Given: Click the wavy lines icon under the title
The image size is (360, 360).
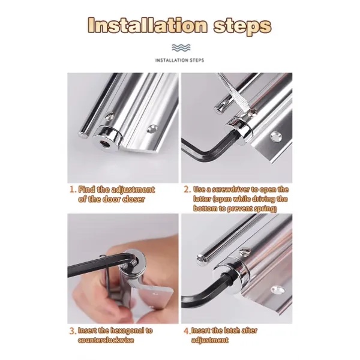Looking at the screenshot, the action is click(181, 47).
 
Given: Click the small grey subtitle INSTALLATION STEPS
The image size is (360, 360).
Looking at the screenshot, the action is click(180, 61).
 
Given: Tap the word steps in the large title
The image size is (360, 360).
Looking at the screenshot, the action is click(242, 26).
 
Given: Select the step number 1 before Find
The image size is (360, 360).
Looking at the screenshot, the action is click(73, 190).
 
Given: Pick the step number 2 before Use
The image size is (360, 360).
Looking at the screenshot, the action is click(187, 190).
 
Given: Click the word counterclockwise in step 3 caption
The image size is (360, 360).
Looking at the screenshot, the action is click(106, 340).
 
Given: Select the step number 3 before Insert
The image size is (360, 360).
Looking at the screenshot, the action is click(73, 331).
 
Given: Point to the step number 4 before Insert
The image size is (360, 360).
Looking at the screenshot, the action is click(187, 331).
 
